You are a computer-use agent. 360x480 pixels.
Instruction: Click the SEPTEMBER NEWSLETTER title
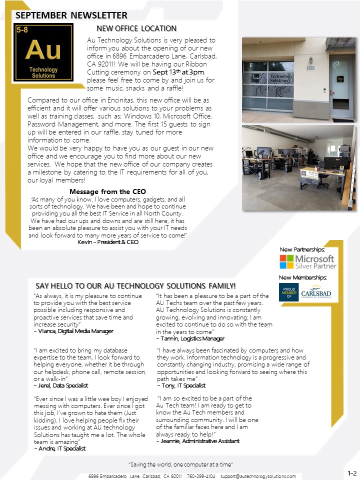pos(71,15)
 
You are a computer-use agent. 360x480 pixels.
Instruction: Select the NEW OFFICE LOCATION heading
pos(136,28)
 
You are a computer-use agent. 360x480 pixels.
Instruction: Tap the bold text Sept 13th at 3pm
pos(178,72)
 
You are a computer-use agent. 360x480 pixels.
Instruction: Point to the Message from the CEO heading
pos(107,191)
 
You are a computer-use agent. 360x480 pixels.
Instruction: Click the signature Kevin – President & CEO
pos(108,242)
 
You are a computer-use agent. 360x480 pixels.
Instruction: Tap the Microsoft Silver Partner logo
pos(307,262)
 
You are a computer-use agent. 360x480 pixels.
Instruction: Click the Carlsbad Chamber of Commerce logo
pos(308,292)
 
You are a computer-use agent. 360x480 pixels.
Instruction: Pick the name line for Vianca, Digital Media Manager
pos(73,331)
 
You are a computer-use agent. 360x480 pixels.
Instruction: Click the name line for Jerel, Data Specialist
pos(60,385)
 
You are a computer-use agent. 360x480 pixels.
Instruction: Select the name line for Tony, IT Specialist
pos(181,385)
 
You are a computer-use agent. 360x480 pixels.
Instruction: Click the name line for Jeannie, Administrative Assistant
pos(197,441)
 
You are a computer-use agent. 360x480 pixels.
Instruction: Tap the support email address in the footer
pos(258,476)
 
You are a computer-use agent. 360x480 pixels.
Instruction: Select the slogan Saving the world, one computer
pos(180,465)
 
